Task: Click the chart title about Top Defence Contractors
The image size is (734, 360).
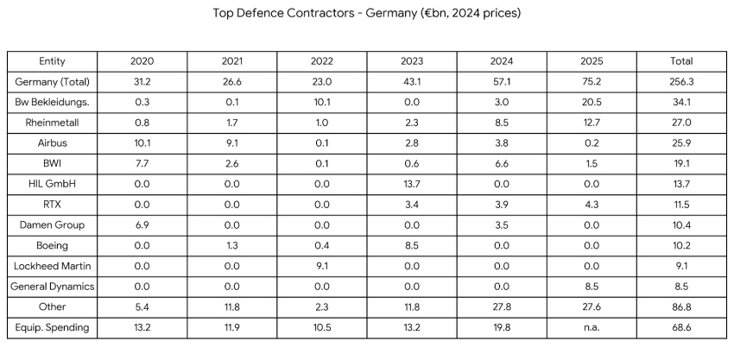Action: tap(366, 14)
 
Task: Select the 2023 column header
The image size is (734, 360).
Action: tap(412, 61)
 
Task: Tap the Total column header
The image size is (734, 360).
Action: tap(681, 61)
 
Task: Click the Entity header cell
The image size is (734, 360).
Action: tap(53, 61)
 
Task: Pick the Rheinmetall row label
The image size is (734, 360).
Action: tap(53, 123)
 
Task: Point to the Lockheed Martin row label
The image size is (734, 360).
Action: tap(53, 266)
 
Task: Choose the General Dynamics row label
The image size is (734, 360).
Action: tap(53, 287)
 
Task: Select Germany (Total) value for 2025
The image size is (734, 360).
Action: tap(592, 82)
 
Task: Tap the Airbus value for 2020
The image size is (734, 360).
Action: tap(142, 143)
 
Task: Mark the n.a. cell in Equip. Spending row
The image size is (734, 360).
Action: tap(592, 327)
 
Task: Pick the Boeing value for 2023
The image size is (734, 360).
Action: tap(412, 245)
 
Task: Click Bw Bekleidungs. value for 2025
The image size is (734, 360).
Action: tap(592, 103)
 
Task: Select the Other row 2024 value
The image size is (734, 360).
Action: tap(502, 306)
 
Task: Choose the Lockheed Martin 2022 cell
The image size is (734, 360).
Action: tap(322, 266)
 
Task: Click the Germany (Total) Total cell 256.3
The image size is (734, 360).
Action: tap(681, 82)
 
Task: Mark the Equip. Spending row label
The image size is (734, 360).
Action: tap(53, 327)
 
